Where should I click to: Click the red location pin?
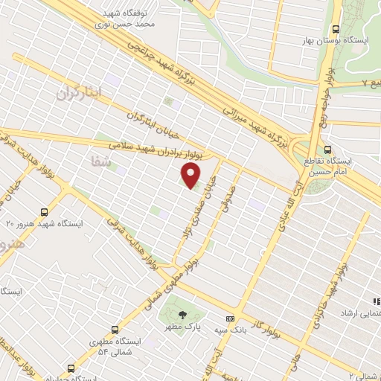191,175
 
